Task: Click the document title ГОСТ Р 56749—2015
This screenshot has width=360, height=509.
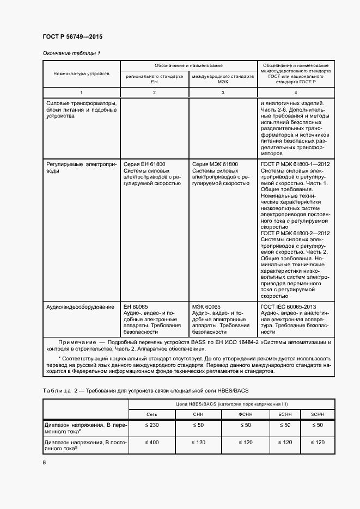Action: [72, 36]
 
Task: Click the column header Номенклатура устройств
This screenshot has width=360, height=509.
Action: [82, 73]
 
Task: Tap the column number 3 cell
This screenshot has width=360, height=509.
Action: [223, 93]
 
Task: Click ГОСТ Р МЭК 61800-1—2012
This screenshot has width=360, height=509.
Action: [295, 163]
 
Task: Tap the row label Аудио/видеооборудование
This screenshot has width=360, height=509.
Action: [80, 307]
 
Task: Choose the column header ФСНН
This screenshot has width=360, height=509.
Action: [246, 414]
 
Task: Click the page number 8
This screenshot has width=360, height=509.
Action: [45, 463]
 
